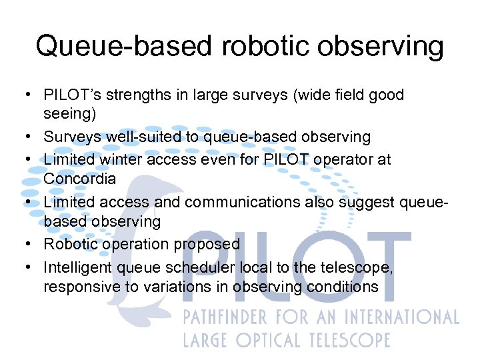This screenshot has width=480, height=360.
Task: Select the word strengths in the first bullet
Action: click(135, 95)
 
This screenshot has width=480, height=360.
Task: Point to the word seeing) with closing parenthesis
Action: click(70, 114)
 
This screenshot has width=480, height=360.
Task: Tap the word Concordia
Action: click(79, 179)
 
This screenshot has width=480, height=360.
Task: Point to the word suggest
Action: click(357, 201)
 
